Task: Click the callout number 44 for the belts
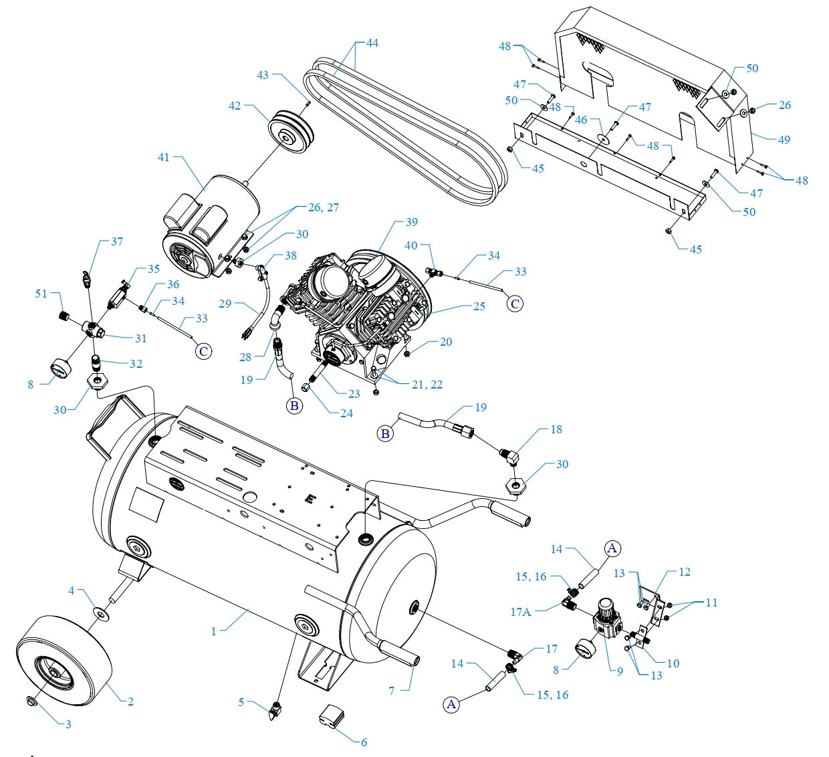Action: pos(372,43)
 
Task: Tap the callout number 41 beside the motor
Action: pos(164,157)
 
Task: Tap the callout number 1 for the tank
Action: pos(214,631)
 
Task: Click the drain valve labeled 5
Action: pos(275,712)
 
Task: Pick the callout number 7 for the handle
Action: pos(392,690)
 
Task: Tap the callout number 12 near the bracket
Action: pos(685,572)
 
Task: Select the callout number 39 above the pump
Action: pos(412,222)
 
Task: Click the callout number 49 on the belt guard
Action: pos(784,140)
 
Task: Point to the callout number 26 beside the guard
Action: pos(785,105)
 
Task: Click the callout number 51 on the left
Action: pos(41,293)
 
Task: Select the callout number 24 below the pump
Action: pos(346,413)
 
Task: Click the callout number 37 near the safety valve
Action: pos(117,241)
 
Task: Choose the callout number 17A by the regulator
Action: pos(521,611)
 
